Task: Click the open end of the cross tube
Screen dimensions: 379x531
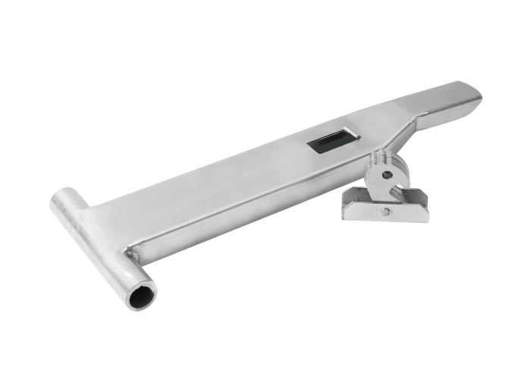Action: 141,295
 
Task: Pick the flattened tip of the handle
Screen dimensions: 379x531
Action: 464,93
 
